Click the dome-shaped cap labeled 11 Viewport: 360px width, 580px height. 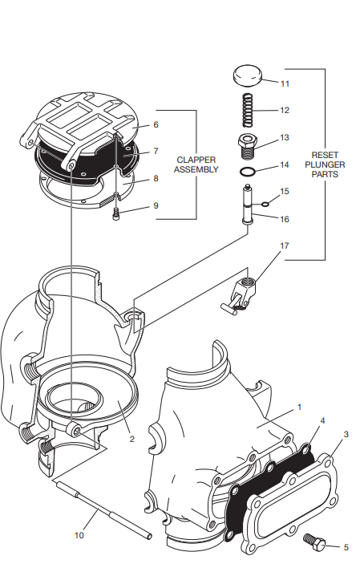(x=247, y=78)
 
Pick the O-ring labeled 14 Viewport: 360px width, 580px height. (x=249, y=172)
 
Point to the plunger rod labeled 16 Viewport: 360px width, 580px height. (x=249, y=208)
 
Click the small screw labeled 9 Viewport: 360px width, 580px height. (x=117, y=213)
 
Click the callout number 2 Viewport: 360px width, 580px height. (x=131, y=438)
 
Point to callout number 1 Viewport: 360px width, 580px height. (x=299, y=407)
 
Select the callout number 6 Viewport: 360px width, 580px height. (x=156, y=125)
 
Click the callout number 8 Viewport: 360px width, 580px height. (x=156, y=179)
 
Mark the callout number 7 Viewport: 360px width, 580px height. (x=156, y=151)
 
